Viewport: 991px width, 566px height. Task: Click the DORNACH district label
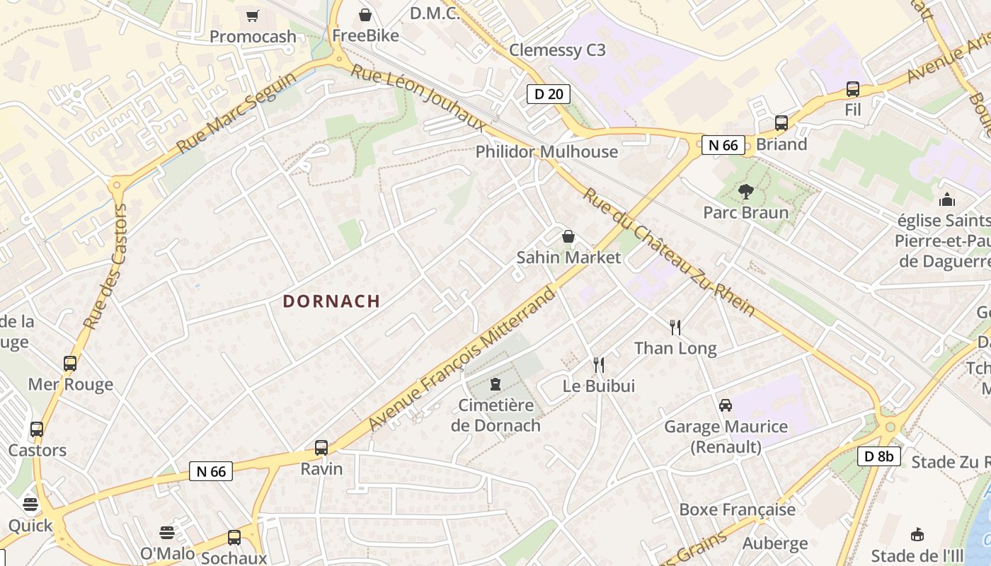click(x=331, y=301)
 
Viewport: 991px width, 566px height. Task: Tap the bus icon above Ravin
click(x=321, y=447)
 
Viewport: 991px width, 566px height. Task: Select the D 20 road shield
click(x=548, y=93)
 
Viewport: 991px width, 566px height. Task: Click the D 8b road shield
click(x=879, y=456)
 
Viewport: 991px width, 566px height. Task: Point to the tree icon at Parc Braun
click(x=745, y=191)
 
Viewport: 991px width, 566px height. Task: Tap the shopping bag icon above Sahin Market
click(x=568, y=236)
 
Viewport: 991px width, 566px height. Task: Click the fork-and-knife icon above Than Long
click(x=675, y=327)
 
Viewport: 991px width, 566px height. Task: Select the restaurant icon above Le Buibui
click(x=599, y=364)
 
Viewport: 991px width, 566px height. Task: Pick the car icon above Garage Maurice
click(x=726, y=405)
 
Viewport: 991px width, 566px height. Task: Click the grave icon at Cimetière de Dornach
click(x=495, y=384)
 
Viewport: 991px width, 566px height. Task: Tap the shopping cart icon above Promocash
click(x=253, y=16)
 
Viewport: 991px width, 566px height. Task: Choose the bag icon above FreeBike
click(x=365, y=15)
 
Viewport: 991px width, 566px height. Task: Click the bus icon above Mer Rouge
click(x=70, y=364)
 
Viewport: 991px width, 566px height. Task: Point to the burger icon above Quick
click(x=30, y=504)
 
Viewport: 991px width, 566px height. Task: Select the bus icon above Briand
click(x=781, y=123)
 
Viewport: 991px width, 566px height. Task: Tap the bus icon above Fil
click(x=853, y=89)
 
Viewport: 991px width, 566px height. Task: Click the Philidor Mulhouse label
click(x=546, y=151)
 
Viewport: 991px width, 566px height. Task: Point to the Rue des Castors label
click(x=105, y=267)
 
